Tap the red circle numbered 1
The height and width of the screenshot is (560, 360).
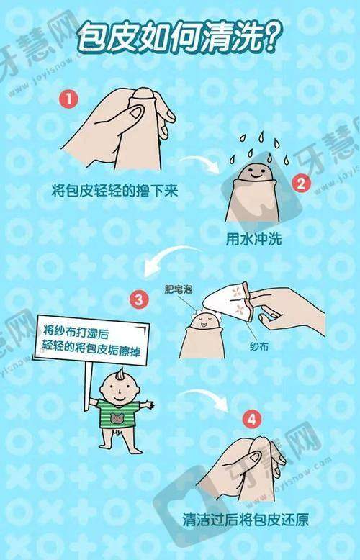tap(68, 99)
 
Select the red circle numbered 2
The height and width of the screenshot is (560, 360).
tap(302, 184)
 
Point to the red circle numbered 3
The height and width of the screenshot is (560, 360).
tap(138, 299)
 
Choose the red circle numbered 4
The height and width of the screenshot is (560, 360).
tap(252, 420)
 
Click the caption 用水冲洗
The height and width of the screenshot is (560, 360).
tap(253, 239)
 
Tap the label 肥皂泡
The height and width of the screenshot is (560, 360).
tap(179, 289)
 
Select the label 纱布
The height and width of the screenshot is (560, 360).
tap(260, 346)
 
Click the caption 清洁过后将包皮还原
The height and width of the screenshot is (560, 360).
tap(246, 519)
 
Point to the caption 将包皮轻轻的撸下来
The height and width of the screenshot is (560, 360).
tap(114, 191)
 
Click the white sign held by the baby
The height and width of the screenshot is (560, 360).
tap(91, 340)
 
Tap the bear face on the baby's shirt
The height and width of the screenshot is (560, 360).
tap(117, 418)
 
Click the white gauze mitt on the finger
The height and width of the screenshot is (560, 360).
tap(226, 302)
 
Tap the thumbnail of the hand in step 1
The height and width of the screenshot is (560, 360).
tap(136, 112)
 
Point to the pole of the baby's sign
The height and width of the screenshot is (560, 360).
tap(88, 387)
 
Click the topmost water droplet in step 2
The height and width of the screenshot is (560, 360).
tap(261, 136)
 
